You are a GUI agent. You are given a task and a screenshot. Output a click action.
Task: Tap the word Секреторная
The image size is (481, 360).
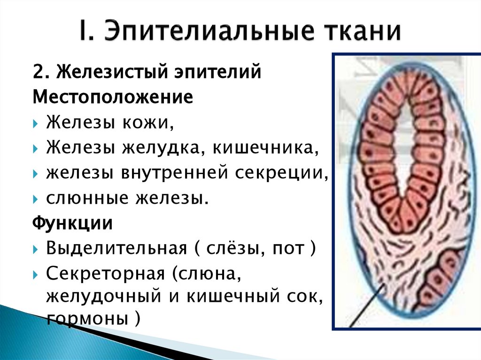[x=106, y=274]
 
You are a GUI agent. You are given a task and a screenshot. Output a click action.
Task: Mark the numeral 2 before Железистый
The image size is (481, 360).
[x=38, y=73]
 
